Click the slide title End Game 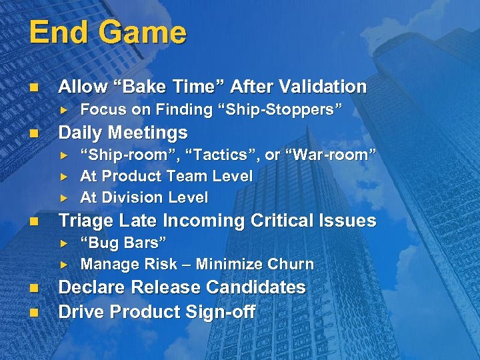[107, 33]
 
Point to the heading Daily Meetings [123, 132]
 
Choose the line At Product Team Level [166, 176]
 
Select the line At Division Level [144, 197]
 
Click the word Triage [84, 221]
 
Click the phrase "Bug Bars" [123, 242]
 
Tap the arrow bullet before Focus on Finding [65, 109]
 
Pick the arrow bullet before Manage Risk [65, 264]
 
